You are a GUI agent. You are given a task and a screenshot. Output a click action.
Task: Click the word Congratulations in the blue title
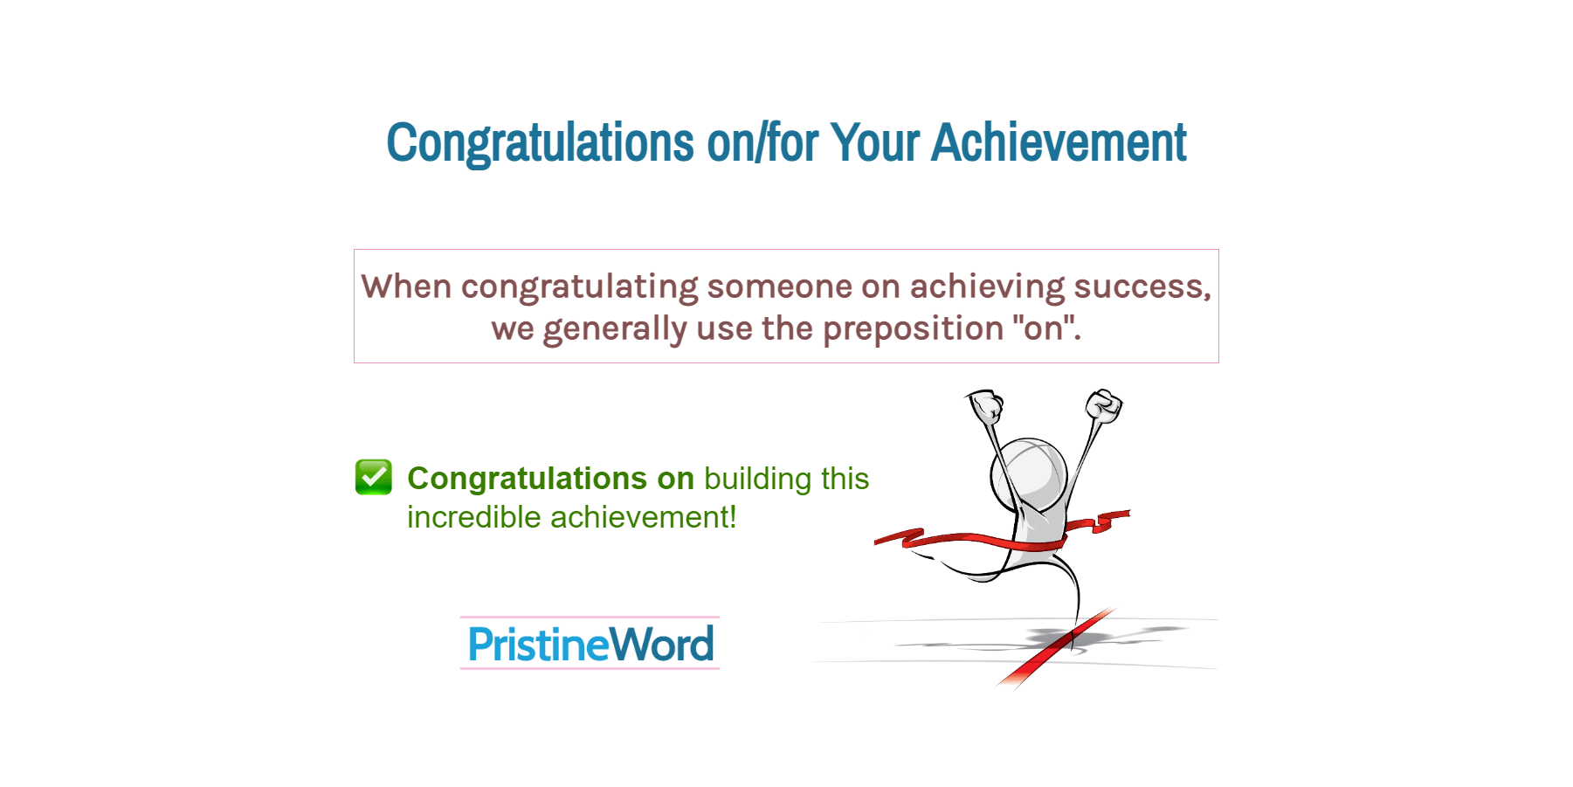click(540, 142)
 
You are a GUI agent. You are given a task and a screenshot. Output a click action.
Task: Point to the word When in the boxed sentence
click(406, 286)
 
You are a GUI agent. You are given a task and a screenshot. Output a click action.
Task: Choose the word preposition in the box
click(913, 328)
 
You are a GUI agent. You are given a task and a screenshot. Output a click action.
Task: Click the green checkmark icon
click(374, 477)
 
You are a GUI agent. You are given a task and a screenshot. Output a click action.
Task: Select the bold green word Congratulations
click(528, 479)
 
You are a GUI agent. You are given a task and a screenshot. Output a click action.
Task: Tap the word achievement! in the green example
click(644, 517)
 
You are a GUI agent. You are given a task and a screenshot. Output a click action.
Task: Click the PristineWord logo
click(590, 644)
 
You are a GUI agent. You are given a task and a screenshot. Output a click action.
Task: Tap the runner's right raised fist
click(1103, 406)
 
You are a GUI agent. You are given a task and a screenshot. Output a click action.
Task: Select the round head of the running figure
click(1029, 473)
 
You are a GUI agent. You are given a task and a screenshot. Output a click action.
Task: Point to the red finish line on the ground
click(1057, 647)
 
